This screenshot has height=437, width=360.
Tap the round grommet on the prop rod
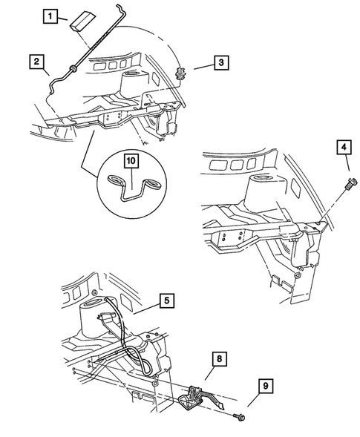pos(71,70)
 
